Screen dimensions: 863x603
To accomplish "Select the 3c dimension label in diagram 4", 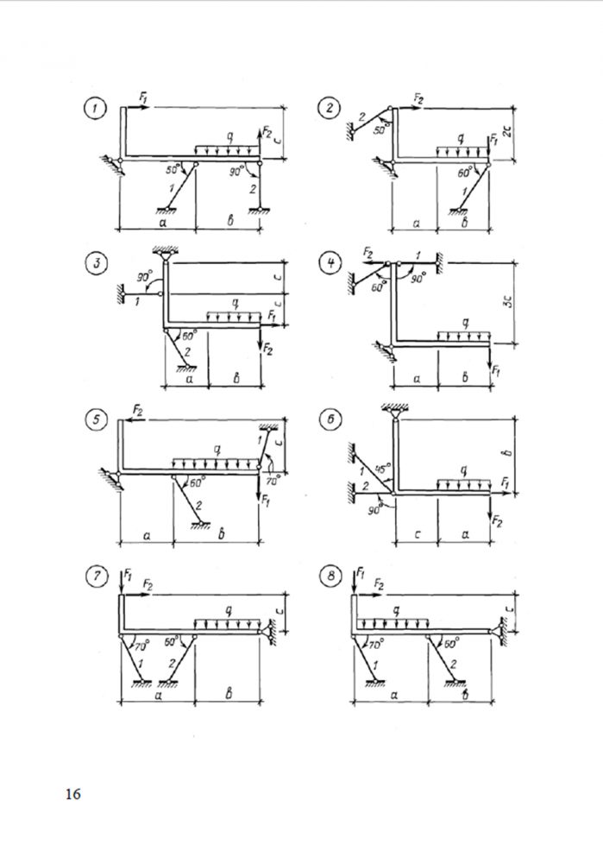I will pyautogui.click(x=512, y=303).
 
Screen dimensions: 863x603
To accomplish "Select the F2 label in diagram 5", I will pyautogui.click(x=137, y=407).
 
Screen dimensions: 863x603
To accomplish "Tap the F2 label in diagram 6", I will pyautogui.click(x=497, y=520).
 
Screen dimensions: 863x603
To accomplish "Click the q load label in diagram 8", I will pyautogui.click(x=396, y=611).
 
